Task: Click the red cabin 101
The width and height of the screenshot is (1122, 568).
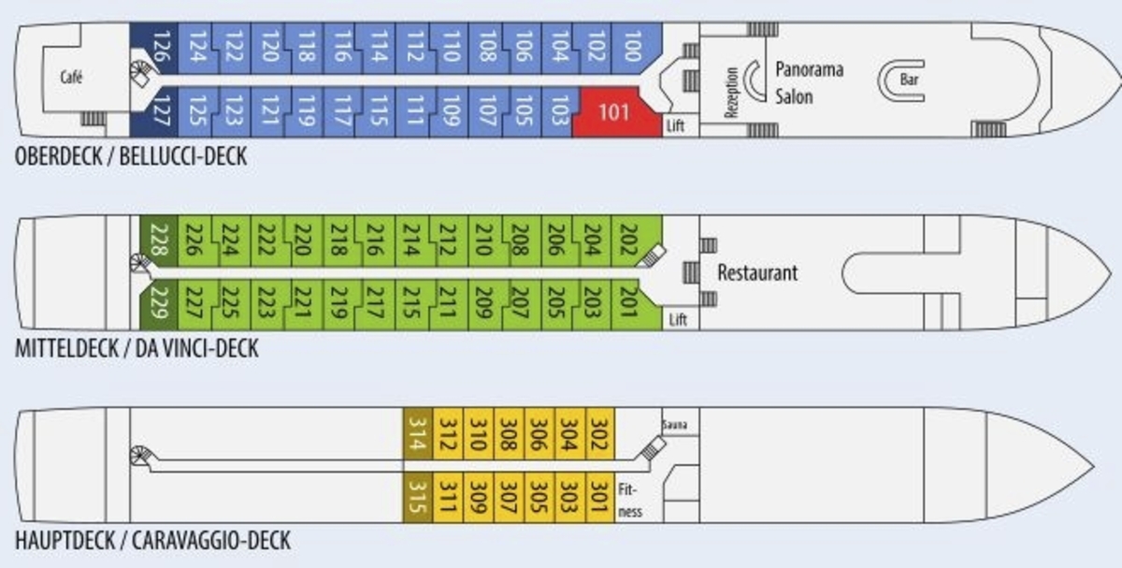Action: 613,113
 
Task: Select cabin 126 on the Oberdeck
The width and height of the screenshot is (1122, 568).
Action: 160,46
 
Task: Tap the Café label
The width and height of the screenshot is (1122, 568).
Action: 72,78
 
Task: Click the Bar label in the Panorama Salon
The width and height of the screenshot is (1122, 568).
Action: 909,80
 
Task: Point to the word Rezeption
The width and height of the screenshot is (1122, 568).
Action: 732,92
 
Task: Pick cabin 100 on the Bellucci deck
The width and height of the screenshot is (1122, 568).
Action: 632,46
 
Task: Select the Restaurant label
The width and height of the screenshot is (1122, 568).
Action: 757,273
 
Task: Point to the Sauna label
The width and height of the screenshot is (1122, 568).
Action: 674,425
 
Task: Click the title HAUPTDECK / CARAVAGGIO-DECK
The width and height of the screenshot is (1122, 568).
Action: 152,541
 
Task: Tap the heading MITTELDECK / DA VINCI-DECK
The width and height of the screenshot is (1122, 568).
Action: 137,349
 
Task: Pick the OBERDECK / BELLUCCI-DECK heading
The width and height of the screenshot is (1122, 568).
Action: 131,155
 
